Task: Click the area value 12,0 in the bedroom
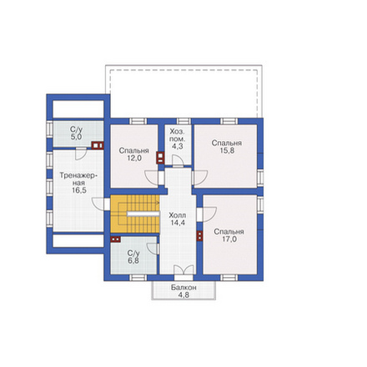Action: tap(134, 158)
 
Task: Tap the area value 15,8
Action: tap(227, 150)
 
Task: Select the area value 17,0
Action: tap(229, 239)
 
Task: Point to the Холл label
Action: tap(178, 215)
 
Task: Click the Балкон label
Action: tap(183, 288)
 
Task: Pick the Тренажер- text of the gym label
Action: tap(78, 176)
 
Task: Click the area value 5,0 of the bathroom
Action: tap(76, 137)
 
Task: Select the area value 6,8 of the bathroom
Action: tap(133, 261)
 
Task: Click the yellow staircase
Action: tap(135, 214)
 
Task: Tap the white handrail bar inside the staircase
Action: tap(143, 214)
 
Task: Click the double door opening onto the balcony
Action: tap(183, 270)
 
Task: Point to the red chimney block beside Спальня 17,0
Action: tap(199, 236)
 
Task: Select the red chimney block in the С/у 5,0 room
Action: tap(98, 145)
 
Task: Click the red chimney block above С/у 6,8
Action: tap(115, 239)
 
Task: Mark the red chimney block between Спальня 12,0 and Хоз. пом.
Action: tap(160, 158)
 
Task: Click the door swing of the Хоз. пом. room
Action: tap(177, 161)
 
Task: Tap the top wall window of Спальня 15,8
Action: tap(229, 121)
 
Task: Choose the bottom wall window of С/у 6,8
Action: tap(138, 278)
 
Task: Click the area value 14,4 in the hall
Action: tap(178, 223)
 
